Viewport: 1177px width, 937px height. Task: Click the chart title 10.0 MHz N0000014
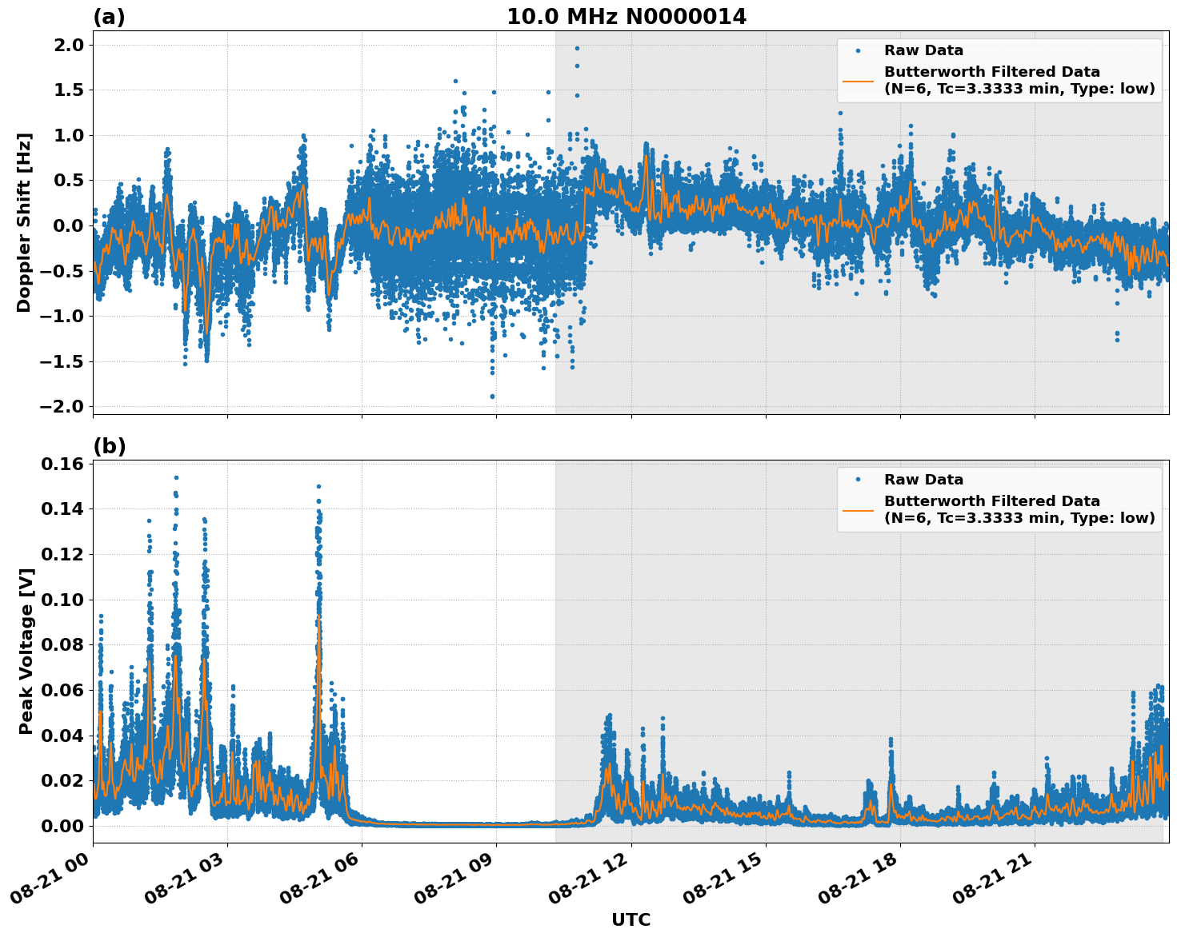626,17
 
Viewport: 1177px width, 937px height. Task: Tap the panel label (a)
109,17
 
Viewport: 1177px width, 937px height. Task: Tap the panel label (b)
109,447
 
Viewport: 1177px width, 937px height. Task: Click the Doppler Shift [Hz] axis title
24,222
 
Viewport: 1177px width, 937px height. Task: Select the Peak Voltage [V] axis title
26,651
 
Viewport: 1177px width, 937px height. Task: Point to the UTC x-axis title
631,920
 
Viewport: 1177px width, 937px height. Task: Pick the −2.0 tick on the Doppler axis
61,407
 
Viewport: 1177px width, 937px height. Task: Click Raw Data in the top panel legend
923,50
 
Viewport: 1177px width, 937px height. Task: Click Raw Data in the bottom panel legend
923,480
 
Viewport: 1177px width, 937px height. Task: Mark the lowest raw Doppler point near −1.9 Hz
492,397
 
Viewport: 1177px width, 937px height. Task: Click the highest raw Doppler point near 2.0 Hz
577,48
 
